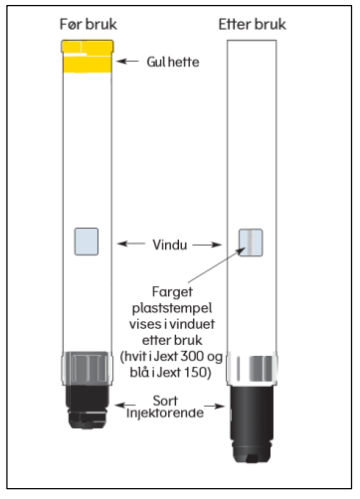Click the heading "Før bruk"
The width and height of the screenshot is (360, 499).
pos(89,24)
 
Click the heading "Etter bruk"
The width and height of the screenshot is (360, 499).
pos(252,24)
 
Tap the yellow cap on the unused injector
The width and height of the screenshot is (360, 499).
pos(88,57)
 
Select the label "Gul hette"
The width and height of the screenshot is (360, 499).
pos(173,62)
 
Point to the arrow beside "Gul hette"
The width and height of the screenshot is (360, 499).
pos(127,61)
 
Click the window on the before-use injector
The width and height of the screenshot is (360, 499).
pos(87,242)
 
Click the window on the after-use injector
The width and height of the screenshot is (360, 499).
pos(251,243)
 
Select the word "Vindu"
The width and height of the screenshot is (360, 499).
pos(170,245)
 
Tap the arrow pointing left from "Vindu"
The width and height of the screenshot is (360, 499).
pos(131,244)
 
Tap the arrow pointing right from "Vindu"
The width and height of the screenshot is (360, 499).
pos(207,245)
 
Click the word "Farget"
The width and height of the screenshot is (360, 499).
pos(172,292)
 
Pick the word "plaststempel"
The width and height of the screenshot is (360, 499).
pos(172,308)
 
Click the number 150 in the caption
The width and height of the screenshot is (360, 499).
pos(195,372)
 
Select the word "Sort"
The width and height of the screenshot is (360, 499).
pos(165,401)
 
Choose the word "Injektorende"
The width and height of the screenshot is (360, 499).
pos(165,414)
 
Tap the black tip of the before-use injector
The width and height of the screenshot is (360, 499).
pos(89,407)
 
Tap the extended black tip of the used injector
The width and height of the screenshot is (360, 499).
pos(252,424)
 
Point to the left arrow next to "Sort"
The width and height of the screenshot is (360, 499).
pos(125,405)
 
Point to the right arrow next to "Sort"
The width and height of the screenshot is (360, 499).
pos(215,406)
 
